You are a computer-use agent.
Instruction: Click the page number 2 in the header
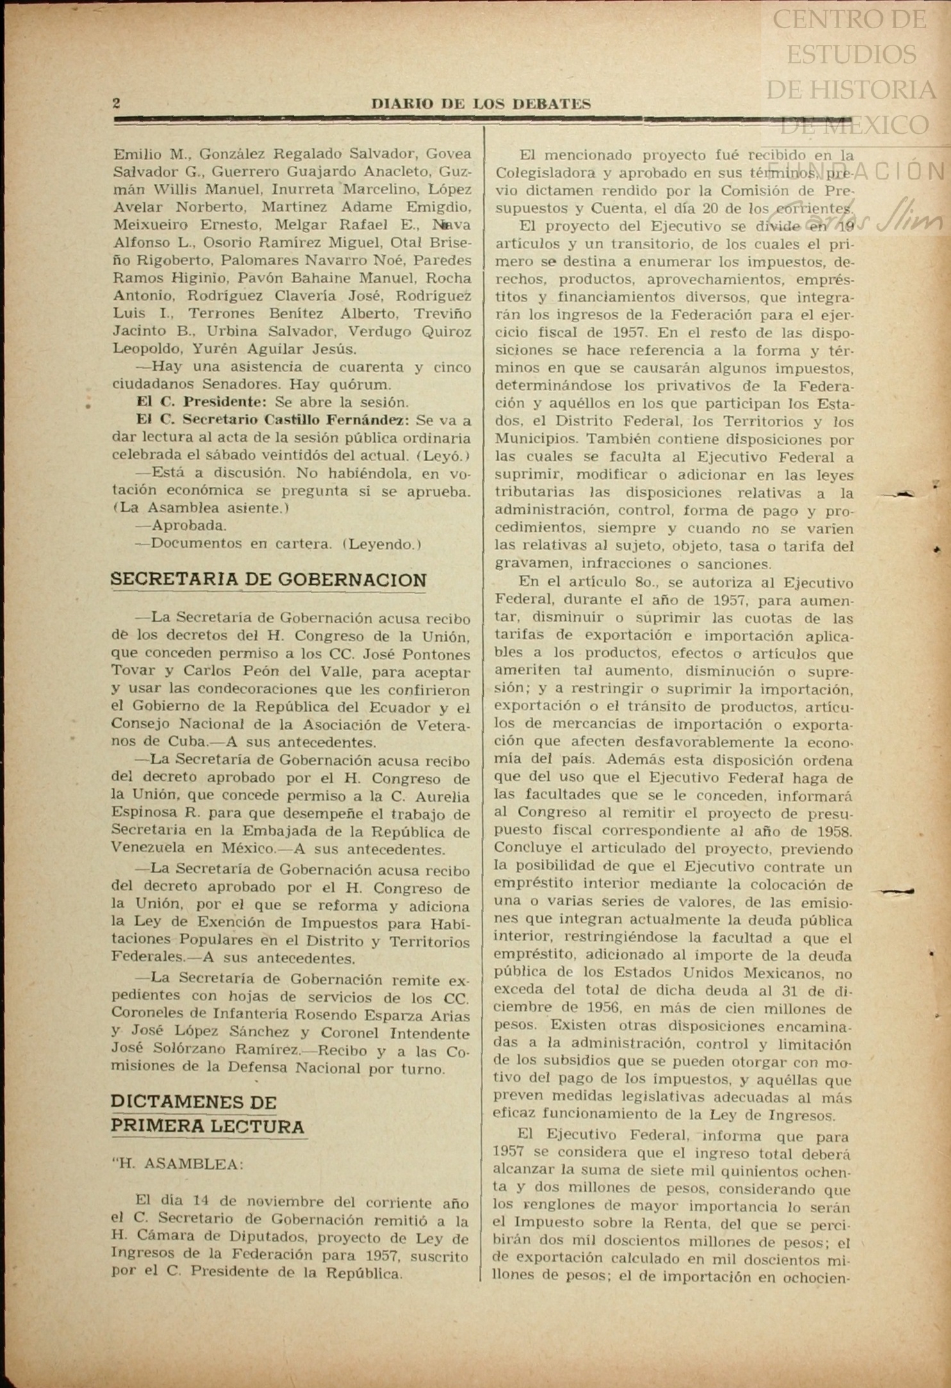point(117,103)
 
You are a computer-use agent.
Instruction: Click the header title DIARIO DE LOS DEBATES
point(481,104)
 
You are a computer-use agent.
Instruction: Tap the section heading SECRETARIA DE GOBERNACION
point(269,580)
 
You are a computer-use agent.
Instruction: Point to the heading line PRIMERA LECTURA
point(208,1127)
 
